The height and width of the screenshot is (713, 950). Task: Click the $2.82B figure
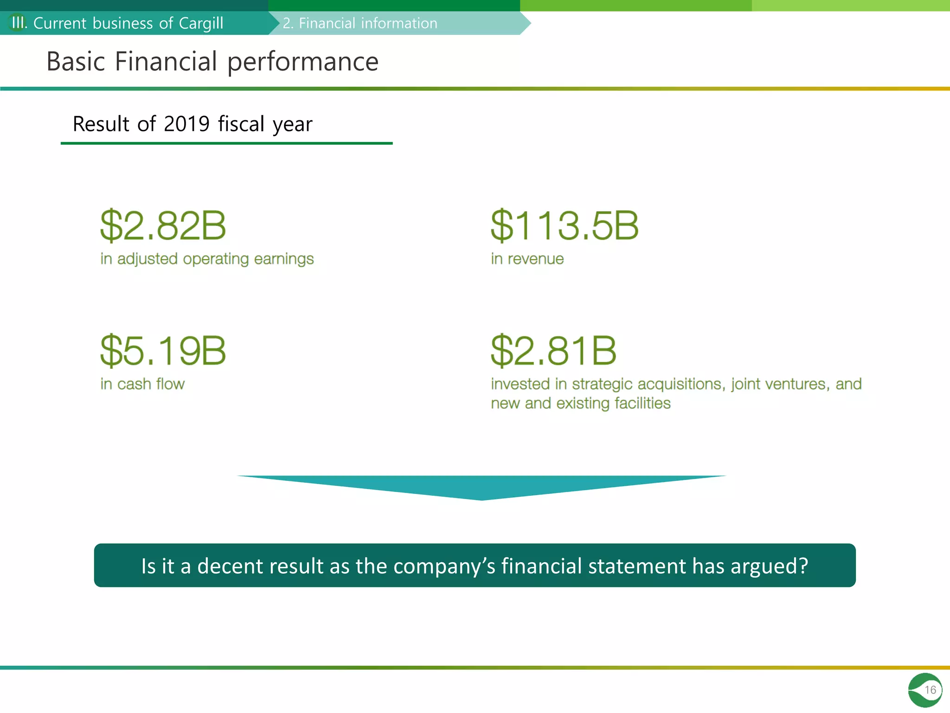163,226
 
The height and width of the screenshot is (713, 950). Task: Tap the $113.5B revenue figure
565,226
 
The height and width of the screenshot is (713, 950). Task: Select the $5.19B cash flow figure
163,350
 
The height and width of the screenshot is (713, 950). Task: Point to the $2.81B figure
553,350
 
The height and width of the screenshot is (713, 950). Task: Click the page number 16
930,690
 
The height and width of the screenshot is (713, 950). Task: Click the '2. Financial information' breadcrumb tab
360,23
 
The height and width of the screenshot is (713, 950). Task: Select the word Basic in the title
76,62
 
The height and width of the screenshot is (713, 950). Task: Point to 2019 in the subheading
186,124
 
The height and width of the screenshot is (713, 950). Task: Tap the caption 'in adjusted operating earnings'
207,259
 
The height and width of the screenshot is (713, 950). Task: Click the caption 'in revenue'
527,259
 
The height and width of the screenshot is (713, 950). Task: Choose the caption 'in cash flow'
142,384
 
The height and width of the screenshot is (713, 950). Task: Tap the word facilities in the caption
642,403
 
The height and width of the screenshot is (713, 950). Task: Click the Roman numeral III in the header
18,23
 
